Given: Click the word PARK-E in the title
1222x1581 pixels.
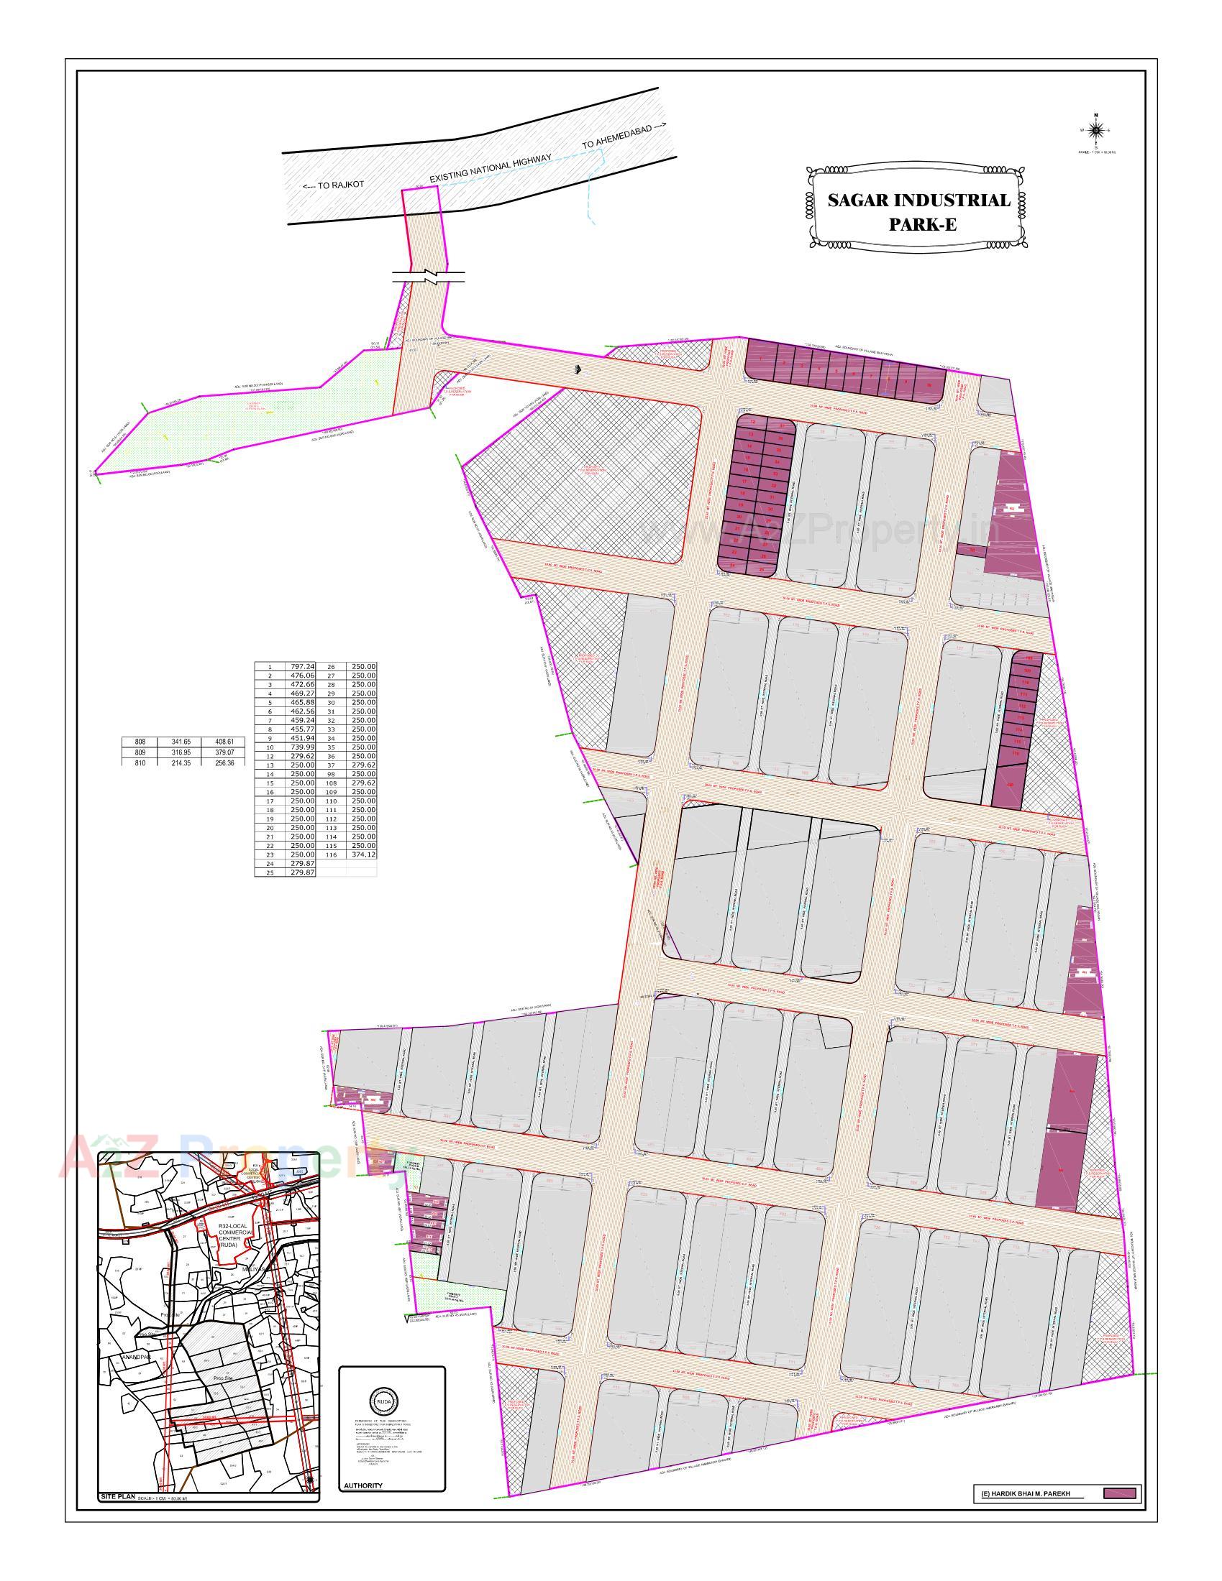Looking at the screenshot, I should (922, 224).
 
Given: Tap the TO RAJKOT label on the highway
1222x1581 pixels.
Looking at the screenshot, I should (333, 185).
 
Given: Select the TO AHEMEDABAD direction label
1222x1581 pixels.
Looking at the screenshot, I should (622, 136).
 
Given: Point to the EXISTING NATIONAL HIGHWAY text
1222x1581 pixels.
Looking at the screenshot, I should (491, 168).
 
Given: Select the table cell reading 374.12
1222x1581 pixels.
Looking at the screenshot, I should (362, 854).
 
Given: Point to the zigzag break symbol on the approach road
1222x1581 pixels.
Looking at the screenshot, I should (429, 277).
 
